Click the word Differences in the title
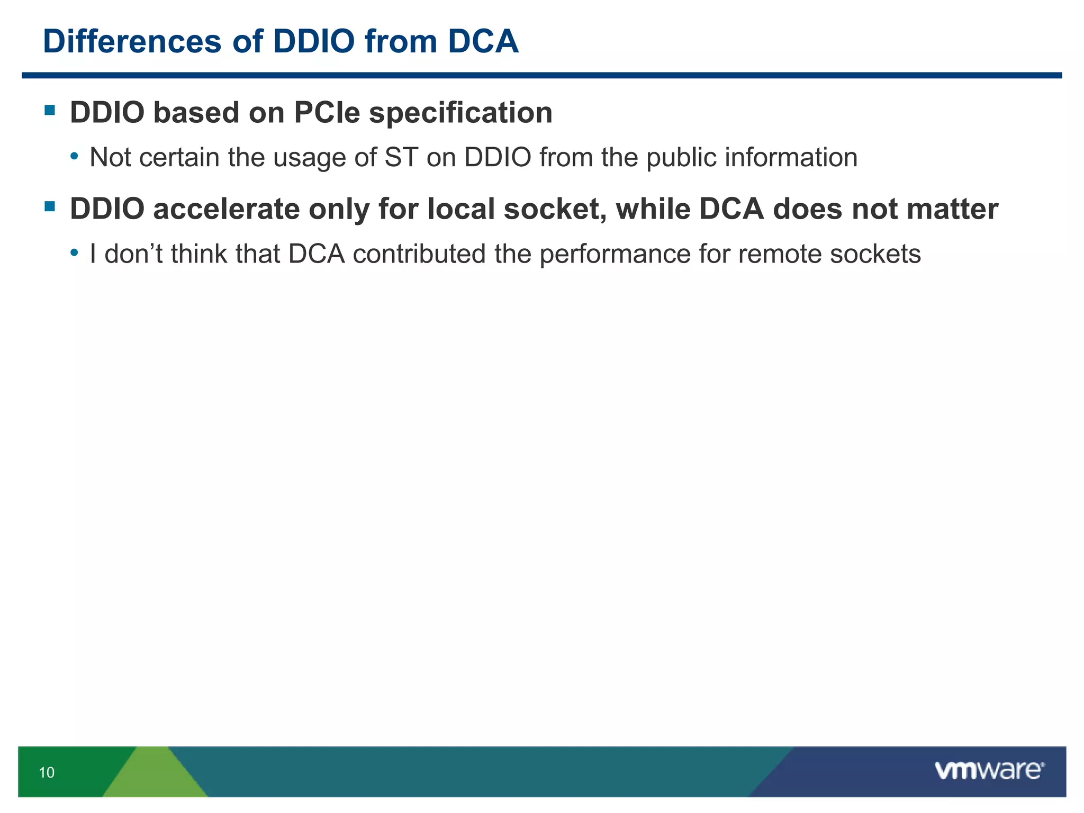[132, 41]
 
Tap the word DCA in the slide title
[483, 41]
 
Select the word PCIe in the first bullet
[327, 113]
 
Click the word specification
[460, 113]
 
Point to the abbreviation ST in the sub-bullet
[401, 158]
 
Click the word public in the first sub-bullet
[681, 158]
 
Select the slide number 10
[47, 772]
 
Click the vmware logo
[989, 770]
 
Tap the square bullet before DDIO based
[50, 110]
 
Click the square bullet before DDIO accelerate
[50, 206]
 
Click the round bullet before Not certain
[75, 157]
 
